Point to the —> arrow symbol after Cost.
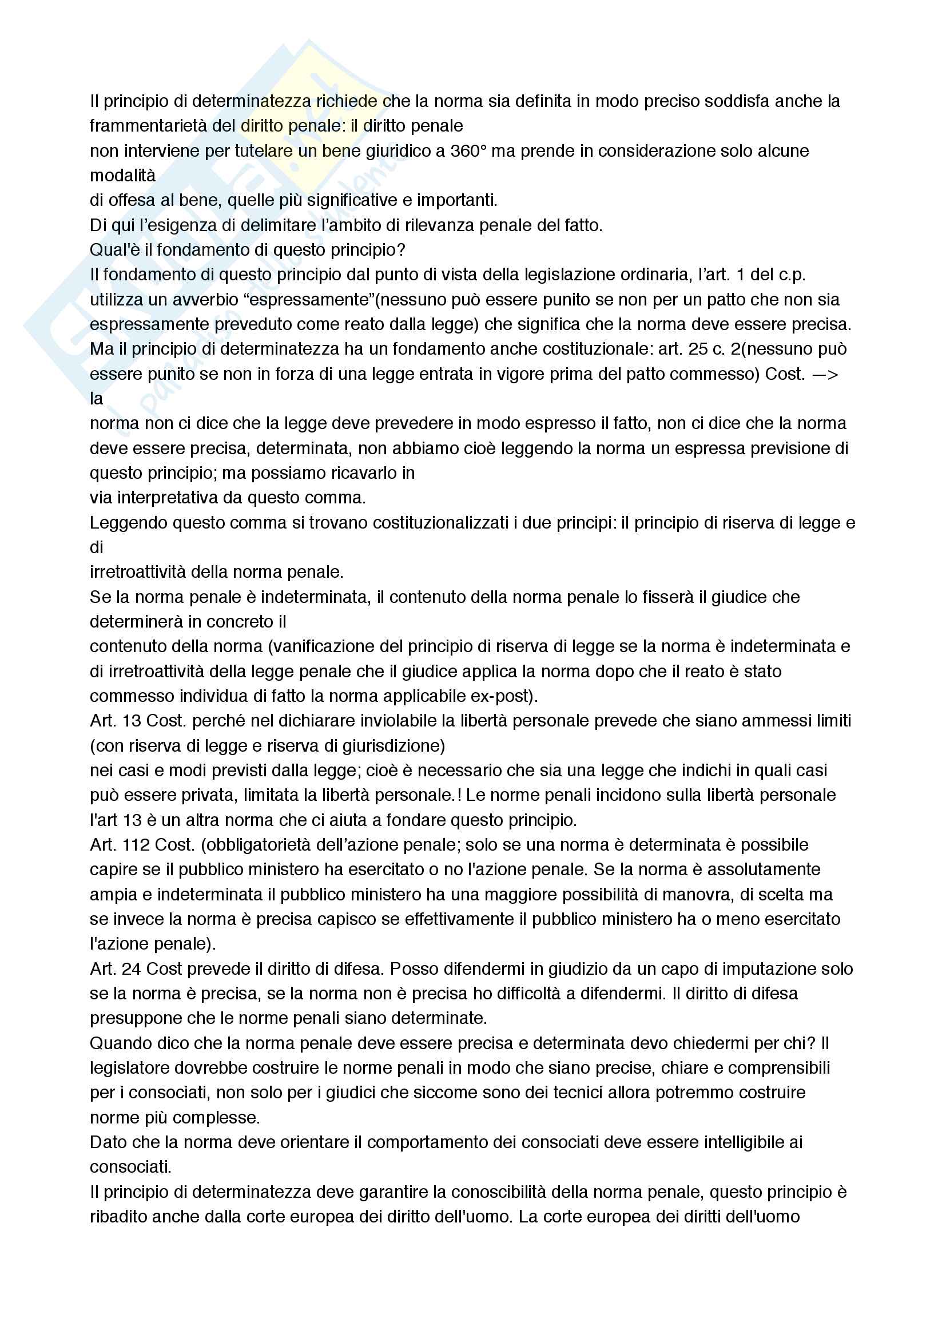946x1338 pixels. pos(825,374)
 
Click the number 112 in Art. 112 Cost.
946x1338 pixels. pos(136,844)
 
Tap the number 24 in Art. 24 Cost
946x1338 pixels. pos(132,968)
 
